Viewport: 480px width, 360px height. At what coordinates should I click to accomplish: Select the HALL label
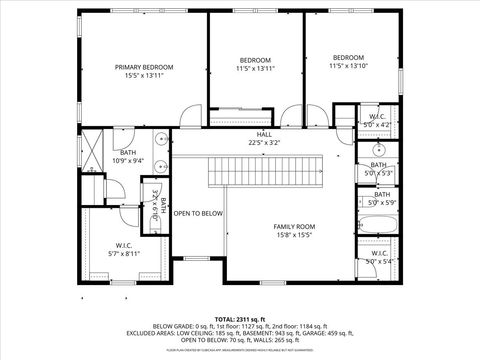pos(264,134)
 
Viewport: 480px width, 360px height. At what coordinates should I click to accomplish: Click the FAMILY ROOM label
pos(294,226)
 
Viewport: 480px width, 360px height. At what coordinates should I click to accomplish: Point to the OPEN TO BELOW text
pos(198,213)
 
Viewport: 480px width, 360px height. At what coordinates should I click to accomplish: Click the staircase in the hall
pos(267,173)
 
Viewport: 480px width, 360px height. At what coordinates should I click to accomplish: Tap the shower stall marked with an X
pos(91,151)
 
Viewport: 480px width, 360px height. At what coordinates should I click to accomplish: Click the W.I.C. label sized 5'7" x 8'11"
pos(124,245)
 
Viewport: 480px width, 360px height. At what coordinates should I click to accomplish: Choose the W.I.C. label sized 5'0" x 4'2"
pos(377,117)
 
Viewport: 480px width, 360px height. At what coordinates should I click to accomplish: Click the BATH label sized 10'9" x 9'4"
pos(129,153)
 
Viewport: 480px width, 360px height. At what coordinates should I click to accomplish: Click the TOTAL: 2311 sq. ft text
pos(240,317)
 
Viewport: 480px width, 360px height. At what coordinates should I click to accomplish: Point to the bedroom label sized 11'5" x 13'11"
pos(256,60)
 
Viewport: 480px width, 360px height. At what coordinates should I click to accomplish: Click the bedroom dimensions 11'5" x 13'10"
pos(348,65)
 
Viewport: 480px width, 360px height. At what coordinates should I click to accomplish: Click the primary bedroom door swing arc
pos(187,118)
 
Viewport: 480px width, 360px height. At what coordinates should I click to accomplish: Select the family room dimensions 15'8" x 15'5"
pos(294,235)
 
